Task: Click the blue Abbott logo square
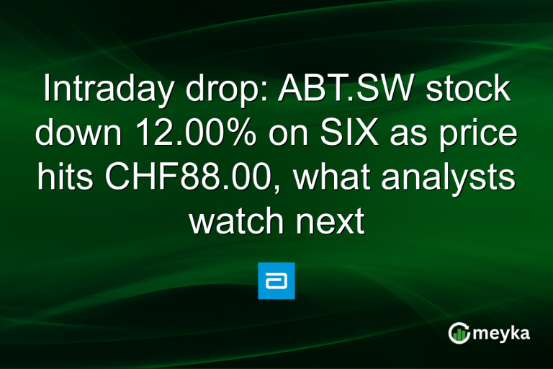276,281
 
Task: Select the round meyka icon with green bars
459,332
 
